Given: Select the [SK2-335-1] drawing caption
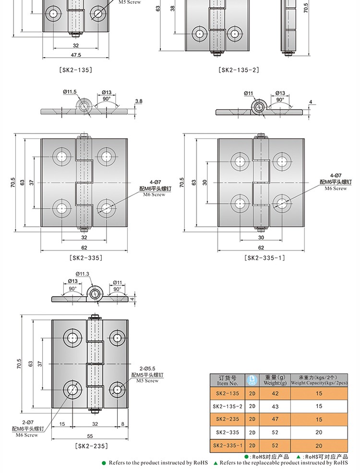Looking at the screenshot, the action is pyautogui.click(x=265, y=257).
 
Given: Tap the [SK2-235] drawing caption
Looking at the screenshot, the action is pyautogui.click(x=92, y=446).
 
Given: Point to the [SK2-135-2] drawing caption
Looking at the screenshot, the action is pyautogui.click(x=239, y=70).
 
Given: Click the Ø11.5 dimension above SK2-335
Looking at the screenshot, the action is pyautogui.click(x=70, y=92).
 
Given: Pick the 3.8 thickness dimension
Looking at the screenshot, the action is pyautogui.click(x=139, y=101).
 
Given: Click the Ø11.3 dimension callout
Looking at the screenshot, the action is pyautogui.click(x=82, y=274).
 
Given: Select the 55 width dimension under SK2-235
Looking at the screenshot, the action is pyautogui.click(x=90, y=436).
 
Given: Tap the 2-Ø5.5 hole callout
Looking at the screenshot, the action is pyautogui.click(x=147, y=369).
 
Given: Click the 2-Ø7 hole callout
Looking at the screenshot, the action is pyautogui.click(x=28, y=422).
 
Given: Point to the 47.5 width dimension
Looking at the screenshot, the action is pyautogui.click(x=76, y=55).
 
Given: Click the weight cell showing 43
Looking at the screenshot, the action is pyautogui.click(x=275, y=407).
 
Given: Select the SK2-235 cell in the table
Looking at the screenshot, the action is pyautogui.click(x=228, y=419).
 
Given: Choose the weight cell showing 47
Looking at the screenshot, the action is pyautogui.click(x=275, y=419).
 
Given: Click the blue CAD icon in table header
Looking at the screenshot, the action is pyautogui.click(x=252, y=380).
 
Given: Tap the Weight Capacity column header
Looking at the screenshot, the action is pyautogui.click(x=319, y=380).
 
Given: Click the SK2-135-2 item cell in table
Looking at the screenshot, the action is pyautogui.click(x=228, y=406).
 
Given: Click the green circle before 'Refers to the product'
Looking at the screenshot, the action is pyautogui.click(x=104, y=463).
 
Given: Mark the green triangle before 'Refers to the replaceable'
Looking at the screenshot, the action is pyautogui.click(x=215, y=463).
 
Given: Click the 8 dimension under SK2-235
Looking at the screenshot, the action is pyautogui.click(x=123, y=424).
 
